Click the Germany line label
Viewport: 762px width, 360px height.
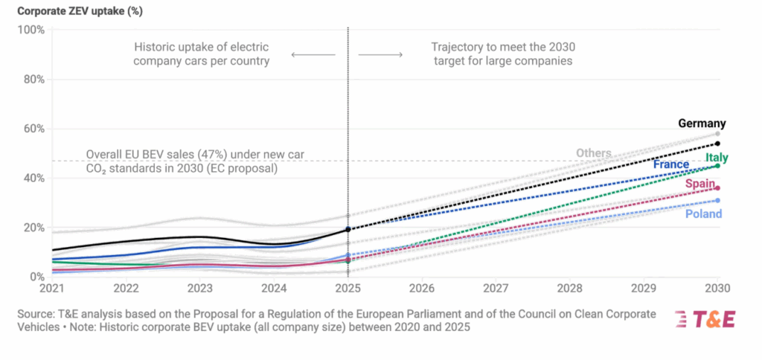point(702,123)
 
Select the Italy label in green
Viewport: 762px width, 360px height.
point(717,158)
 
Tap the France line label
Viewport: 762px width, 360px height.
point(670,164)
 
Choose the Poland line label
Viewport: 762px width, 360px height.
point(703,214)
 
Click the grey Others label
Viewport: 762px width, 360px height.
point(593,153)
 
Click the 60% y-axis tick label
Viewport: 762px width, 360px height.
point(33,129)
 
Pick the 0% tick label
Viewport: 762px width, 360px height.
point(36,277)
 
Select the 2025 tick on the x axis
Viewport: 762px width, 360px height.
point(348,288)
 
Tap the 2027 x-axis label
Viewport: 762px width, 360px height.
point(496,288)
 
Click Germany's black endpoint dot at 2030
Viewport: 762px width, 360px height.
point(717,144)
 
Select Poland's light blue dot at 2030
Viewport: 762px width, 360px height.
point(717,200)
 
